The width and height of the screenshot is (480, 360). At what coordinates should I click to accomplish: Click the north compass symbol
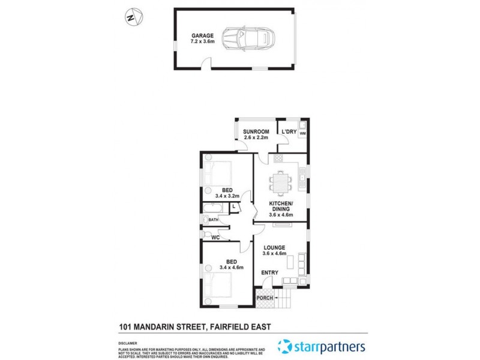point(134,16)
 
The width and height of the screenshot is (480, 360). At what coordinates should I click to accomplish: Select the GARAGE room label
point(202,35)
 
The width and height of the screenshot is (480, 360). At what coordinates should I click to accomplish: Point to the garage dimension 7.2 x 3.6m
point(202,42)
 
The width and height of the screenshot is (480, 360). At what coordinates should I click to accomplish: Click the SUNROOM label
point(256,131)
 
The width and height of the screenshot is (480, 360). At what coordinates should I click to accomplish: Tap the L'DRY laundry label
point(288,131)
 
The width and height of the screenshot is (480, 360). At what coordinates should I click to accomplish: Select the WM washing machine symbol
point(302,133)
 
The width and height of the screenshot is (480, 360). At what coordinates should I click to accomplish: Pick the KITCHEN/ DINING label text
point(280,207)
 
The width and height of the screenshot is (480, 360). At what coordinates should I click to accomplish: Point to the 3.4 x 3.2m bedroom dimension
point(227,196)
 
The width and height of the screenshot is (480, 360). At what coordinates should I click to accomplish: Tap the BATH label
point(213,220)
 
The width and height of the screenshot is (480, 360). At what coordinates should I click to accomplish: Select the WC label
point(215,238)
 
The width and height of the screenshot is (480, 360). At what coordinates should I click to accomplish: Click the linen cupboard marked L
point(233,208)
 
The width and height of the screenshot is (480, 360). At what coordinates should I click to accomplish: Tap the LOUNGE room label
point(274,247)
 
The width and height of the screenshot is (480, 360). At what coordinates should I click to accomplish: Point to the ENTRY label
point(269,273)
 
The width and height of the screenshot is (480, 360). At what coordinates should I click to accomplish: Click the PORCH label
point(265,298)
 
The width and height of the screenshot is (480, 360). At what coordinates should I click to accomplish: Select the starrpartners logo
point(321,346)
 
